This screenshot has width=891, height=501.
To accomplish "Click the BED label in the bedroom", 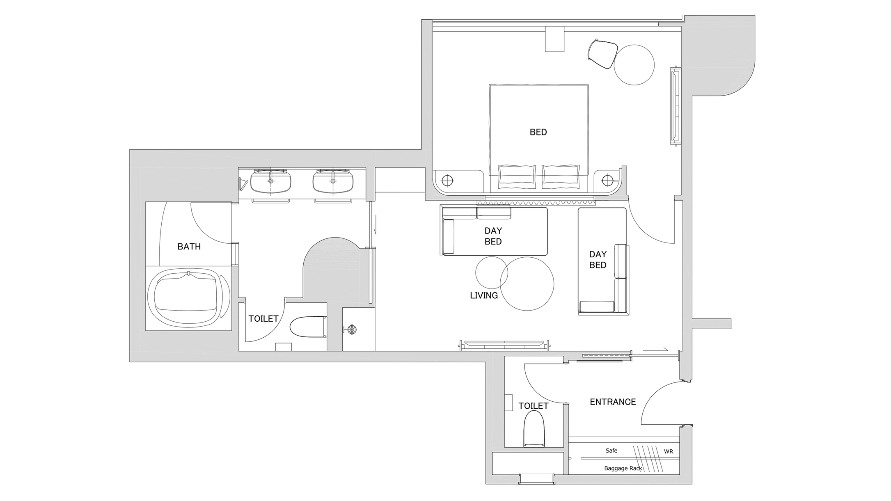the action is pos(538,132).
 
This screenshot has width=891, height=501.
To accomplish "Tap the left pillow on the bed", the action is pos(517,177).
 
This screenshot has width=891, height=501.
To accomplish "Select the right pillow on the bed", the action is pos(561,177).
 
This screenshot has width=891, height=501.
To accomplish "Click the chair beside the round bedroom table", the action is pos(602,54).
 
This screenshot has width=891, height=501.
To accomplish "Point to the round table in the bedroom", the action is pos(634,65).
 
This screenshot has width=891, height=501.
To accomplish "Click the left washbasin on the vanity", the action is pos(271,182).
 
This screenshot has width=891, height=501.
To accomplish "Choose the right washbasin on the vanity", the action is pos(333,182).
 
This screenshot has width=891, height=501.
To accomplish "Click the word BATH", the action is pos(189,247).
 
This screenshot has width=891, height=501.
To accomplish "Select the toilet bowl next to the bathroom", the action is pos(308,327).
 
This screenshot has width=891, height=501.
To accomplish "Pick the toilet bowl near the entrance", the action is pos(534,429).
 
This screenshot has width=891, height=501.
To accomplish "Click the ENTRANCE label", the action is pos(613,402).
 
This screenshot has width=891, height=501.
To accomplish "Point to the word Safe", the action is pos(612,451).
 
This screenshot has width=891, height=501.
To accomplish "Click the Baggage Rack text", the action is pos(623,468).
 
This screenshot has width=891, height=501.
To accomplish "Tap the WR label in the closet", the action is pos(669,452).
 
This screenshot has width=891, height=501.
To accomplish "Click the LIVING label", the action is pos(484,295).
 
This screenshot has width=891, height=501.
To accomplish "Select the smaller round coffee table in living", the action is pos(492,272).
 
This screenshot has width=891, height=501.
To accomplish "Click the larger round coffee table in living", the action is pos(527,284).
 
